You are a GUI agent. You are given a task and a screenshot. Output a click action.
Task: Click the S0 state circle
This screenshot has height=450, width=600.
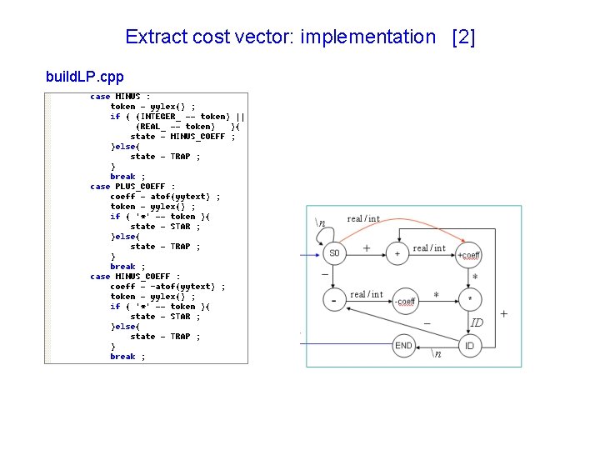(334, 252)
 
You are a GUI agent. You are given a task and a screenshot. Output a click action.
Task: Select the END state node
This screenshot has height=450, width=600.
(404, 346)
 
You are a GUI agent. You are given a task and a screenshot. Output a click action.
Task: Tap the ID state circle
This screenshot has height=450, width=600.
(470, 346)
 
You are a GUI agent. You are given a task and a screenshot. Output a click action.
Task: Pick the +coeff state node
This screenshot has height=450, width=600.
(469, 253)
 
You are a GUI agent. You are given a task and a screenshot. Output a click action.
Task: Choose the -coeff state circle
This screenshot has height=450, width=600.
(406, 300)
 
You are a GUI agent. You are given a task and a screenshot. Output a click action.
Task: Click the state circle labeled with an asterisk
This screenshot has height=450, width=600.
(470, 299)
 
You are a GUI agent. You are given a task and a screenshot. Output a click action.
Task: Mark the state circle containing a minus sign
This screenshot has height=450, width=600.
(334, 299)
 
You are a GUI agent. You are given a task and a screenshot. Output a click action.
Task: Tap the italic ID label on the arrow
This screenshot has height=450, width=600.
(477, 322)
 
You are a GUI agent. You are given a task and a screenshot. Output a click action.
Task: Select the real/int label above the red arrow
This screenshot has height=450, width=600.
(363, 218)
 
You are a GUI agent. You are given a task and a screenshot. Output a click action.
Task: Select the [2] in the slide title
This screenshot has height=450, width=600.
(462, 37)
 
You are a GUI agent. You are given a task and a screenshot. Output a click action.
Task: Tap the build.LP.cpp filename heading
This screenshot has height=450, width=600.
(84, 77)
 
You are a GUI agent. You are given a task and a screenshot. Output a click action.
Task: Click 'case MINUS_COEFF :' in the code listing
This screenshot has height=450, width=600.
(135, 277)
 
